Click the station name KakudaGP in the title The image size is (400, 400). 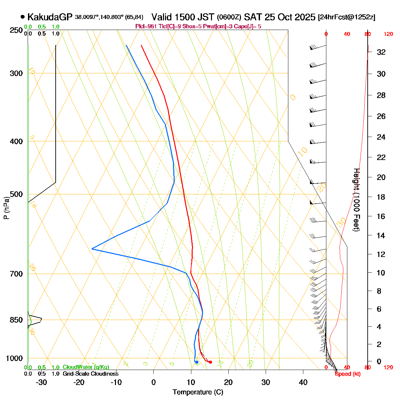50,17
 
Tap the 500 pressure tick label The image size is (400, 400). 16,194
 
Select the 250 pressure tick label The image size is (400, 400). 16,30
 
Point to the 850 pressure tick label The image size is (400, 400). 16,320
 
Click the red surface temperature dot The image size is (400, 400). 210,362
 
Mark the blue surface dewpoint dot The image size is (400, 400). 197,362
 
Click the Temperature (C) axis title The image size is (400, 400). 198,392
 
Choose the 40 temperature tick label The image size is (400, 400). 303,382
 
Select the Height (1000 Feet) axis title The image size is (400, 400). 356,200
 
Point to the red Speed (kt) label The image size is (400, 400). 348,374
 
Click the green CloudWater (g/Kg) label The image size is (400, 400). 86,367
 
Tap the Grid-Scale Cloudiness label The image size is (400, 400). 90,374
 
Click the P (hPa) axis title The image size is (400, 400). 6,208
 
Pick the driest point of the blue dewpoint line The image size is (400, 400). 92,249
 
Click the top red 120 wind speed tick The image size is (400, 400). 388,34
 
